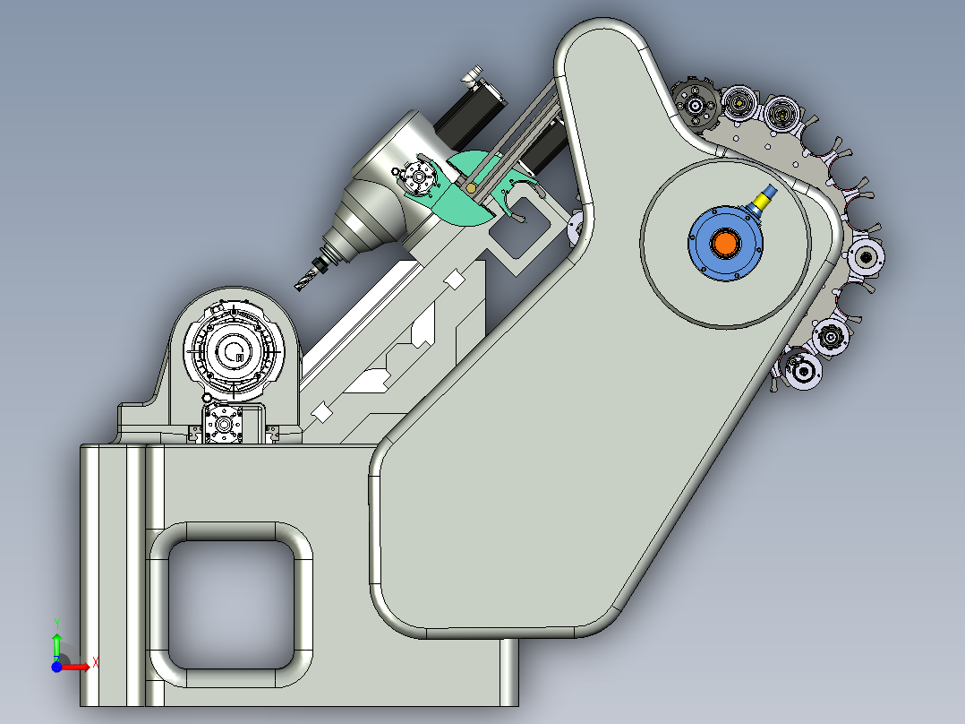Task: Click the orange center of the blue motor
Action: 725,243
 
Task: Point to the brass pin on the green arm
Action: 471,189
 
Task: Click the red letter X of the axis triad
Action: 95,663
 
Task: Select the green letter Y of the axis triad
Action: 56,622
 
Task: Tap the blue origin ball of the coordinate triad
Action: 56,666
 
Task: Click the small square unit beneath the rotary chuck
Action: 223,423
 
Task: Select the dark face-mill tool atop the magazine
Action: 694,106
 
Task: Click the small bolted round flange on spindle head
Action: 418,178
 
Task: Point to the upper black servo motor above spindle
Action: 474,108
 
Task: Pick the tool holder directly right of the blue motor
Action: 867,258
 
